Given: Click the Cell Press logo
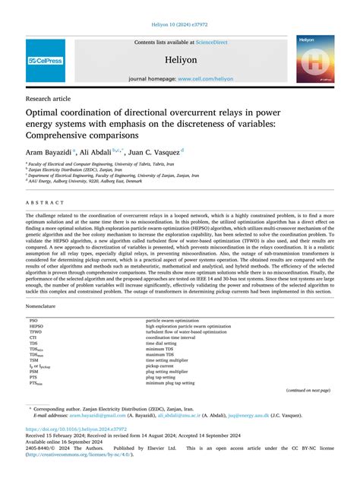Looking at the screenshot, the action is pos(45,60).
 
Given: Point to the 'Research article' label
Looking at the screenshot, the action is pos(49,99).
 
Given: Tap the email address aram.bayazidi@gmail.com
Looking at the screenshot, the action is pos(86,416).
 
